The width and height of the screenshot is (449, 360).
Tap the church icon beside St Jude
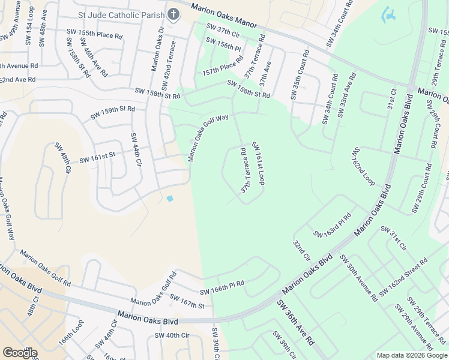[173, 14]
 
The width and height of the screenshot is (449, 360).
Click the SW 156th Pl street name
[223, 44]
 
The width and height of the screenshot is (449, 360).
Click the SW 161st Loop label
[259, 163]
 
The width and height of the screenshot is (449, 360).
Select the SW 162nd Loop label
[363, 166]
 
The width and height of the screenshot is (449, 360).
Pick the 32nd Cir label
[301, 251]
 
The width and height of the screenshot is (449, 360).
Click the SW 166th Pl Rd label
[222, 287]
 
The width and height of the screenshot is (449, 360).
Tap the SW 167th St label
[187, 301]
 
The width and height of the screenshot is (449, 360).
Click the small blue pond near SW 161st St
[170, 199]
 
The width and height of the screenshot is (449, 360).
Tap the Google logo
[20, 353]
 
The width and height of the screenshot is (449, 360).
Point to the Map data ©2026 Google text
[411, 355]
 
